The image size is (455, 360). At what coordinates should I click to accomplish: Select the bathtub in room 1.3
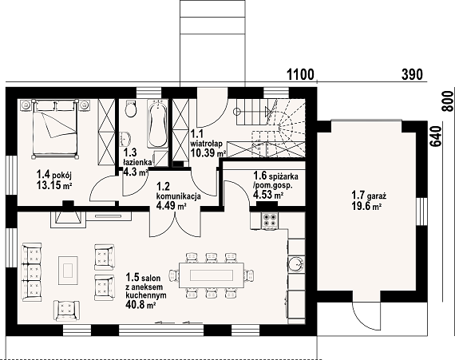point(157,124)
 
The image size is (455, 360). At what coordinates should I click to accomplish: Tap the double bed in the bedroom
point(55,129)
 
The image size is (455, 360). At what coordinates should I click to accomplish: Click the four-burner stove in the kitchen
point(270,220)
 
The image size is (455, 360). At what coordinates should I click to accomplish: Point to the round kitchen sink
point(296,264)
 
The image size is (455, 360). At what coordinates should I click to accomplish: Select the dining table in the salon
point(212,275)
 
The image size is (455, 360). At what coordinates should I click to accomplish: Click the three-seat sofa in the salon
point(32,272)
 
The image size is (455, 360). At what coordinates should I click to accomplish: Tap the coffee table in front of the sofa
point(68,271)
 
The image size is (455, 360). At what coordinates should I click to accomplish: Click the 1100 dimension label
point(301,74)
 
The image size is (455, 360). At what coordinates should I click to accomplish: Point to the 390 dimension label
point(412,74)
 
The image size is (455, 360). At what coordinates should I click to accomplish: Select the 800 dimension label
point(448,101)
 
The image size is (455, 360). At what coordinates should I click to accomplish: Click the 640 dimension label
point(435,136)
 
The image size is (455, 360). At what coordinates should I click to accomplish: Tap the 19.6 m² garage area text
point(366,206)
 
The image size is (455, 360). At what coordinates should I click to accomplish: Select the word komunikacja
point(179,196)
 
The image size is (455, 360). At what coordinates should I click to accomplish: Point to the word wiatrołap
point(206,144)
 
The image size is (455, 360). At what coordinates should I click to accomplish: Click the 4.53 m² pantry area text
point(268,195)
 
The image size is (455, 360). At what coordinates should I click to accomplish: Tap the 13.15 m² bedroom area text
point(54,184)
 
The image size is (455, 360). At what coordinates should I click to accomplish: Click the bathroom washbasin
point(125,139)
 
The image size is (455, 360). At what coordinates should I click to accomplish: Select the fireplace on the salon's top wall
point(69,219)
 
